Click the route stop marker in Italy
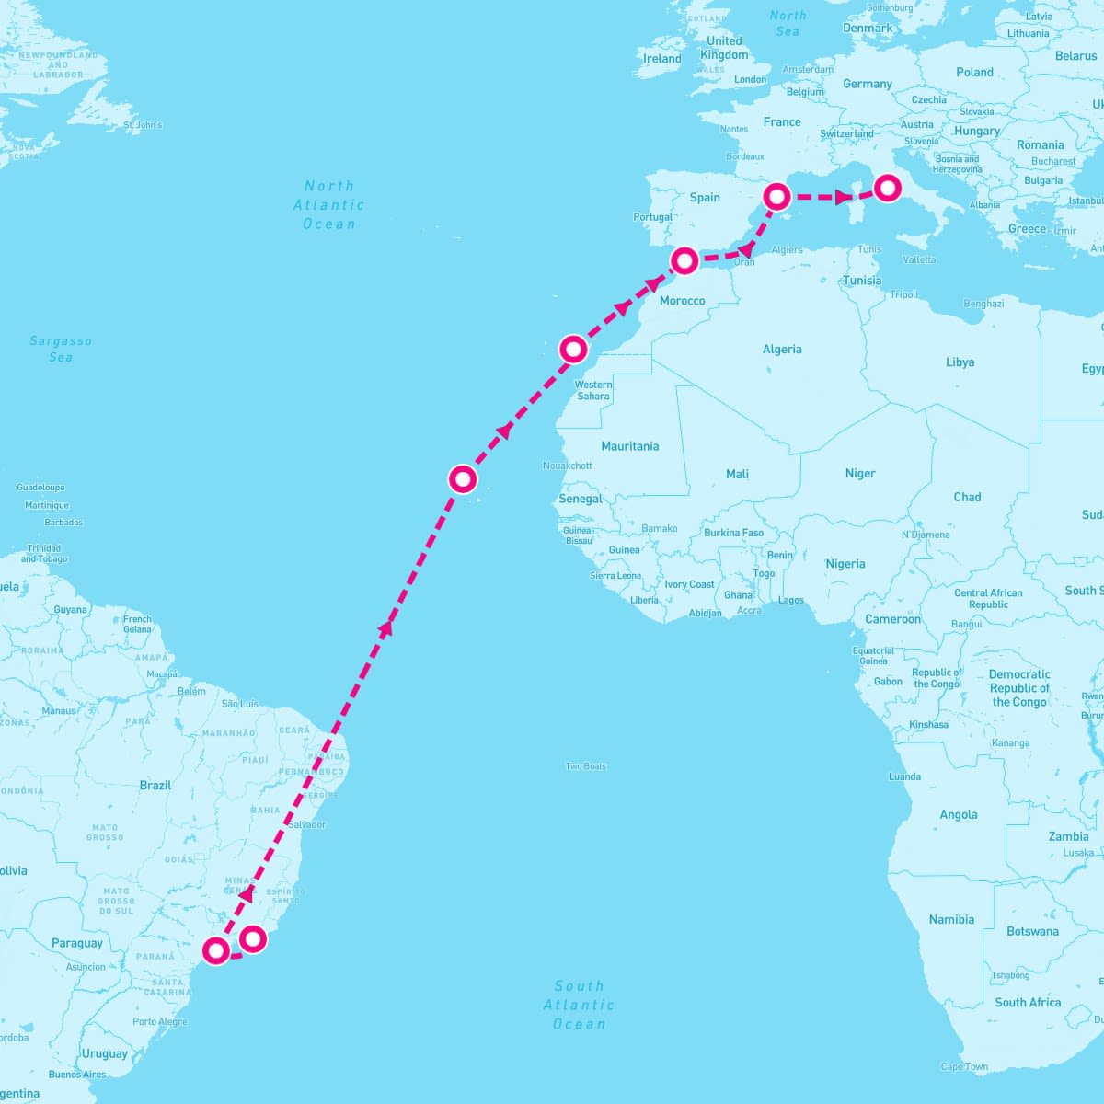tap(887, 188)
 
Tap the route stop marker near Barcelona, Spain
tap(777, 196)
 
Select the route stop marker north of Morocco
tap(684, 260)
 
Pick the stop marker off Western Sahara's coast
tap(573, 349)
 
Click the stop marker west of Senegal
tap(463, 478)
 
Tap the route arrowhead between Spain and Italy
tap(842, 197)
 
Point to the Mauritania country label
tap(629, 446)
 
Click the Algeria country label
tap(782, 350)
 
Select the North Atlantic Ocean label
tap(328, 205)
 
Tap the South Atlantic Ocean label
tap(579, 1005)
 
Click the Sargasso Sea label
tap(61, 349)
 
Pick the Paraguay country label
tap(77, 943)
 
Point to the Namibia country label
tap(951, 919)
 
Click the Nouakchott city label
tap(567, 466)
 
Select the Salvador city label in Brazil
tap(306, 824)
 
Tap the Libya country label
tap(960, 362)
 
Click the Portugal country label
tap(652, 217)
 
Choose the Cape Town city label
tap(964, 1067)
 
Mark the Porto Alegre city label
tap(159, 1022)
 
